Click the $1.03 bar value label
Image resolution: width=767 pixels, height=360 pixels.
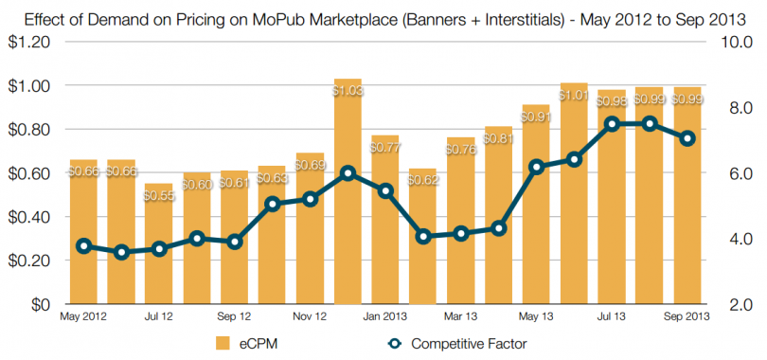pos(348,91)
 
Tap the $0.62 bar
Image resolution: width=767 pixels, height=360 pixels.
pos(423,246)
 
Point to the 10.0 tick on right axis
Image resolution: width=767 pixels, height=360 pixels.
pos(739,42)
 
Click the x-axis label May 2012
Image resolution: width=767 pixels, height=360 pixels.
pos(83,316)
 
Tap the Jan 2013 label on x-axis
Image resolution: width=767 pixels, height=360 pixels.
pos(385,316)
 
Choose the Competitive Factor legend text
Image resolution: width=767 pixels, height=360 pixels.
pos(470,343)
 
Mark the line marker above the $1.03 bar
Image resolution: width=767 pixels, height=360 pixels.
pos(348,173)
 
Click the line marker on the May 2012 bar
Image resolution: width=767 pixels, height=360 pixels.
pos(83,246)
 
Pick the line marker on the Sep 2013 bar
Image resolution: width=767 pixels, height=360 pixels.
pos(687,138)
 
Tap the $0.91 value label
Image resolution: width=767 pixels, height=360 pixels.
pos(536,117)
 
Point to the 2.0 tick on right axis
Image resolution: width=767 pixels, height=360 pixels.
pos(739,305)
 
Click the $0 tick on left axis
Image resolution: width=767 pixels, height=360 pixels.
pos(38,305)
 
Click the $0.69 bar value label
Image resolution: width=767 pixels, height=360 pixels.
pos(310,165)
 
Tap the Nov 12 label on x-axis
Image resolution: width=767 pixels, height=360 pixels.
pos(310,316)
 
